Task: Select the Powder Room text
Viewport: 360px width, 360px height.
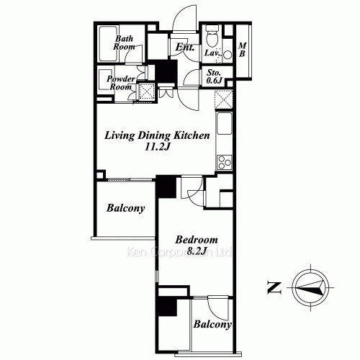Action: pyautogui.click(x=122, y=83)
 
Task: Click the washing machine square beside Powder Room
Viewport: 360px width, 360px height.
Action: pyautogui.click(x=146, y=91)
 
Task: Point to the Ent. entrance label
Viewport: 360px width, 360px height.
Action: pyautogui.click(x=185, y=48)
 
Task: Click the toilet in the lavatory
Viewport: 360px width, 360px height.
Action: pyautogui.click(x=211, y=37)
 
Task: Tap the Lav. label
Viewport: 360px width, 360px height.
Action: pyautogui.click(x=212, y=53)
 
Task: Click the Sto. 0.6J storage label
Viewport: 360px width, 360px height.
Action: pyautogui.click(x=214, y=77)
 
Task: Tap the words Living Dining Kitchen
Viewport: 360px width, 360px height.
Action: pyautogui.click(x=157, y=135)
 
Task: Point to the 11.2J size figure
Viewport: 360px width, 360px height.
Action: pyautogui.click(x=157, y=148)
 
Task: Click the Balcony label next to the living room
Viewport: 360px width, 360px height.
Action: pyautogui.click(x=126, y=209)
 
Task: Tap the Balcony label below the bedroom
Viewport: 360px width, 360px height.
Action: pyautogui.click(x=212, y=325)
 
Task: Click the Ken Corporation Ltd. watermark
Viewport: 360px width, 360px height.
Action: pyautogui.click(x=179, y=253)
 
